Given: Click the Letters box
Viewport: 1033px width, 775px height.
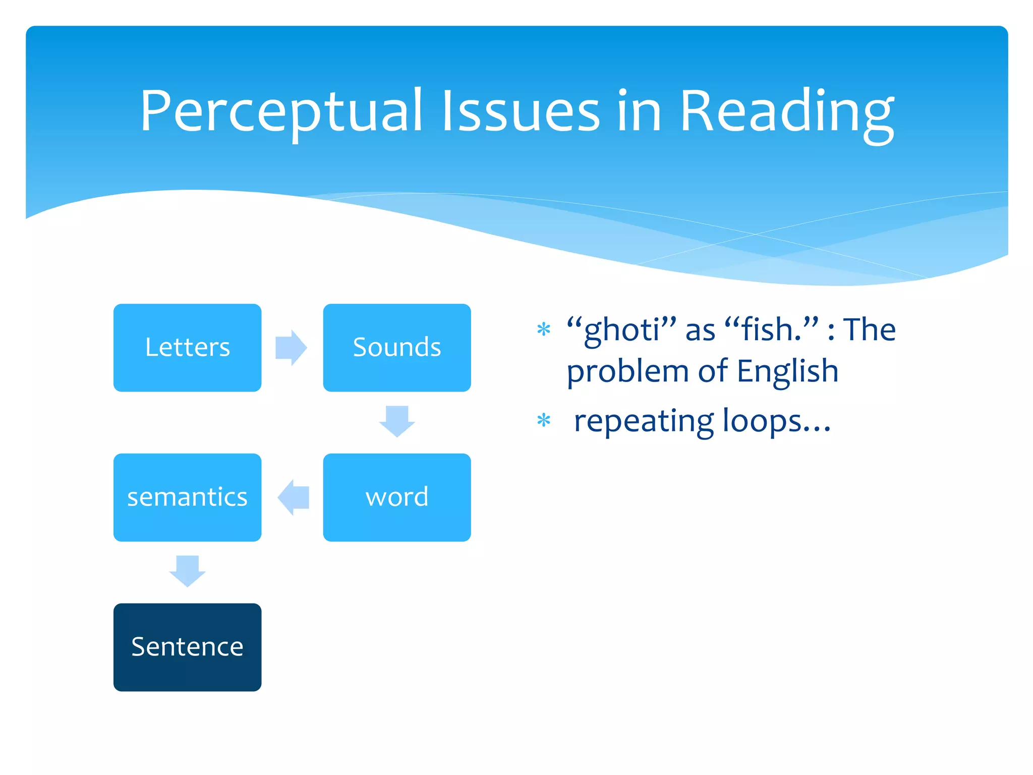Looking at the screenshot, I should coord(187,348).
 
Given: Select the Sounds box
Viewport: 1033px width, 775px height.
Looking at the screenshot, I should coord(397,348).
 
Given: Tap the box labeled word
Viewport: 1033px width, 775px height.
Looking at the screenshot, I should coord(397,497).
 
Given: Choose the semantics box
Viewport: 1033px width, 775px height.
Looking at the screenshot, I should coord(187,497).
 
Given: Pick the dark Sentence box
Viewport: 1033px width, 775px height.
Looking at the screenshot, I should coord(187,647).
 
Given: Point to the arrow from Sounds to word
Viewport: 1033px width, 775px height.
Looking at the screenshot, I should coord(397,421).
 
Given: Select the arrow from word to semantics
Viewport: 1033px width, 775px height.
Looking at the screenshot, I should coord(293,497).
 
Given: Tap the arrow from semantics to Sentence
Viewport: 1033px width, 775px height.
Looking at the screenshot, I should coord(187,571).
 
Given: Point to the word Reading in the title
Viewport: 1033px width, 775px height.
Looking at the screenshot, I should coord(787,113).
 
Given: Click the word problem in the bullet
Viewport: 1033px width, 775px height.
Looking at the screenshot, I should coord(627,372).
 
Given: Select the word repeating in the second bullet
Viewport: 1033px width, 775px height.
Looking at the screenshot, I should coord(644,422).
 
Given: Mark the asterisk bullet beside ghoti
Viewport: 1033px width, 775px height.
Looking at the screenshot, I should coord(543,330).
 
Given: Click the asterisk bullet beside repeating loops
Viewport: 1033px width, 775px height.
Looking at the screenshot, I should coord(543,420).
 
